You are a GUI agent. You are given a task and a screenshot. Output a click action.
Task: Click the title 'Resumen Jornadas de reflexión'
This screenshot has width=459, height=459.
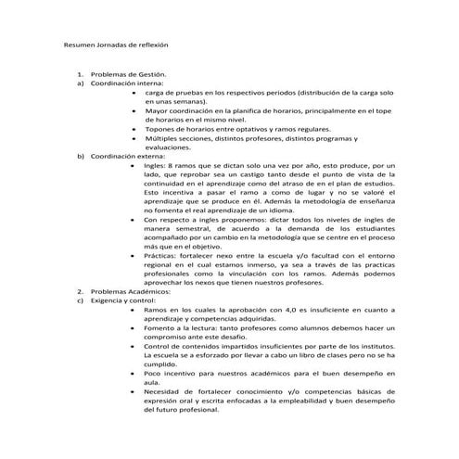coord(115,45)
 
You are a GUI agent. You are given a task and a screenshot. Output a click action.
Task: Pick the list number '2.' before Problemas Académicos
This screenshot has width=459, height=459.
coord(81,291)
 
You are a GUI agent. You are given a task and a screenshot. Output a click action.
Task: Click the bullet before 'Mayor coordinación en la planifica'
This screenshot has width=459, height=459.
coord(136,111)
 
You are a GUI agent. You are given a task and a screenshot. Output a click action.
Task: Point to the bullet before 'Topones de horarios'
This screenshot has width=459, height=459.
coord(136,129)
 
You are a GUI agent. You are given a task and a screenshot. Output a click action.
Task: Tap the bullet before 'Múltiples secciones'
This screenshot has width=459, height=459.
coord(136,138)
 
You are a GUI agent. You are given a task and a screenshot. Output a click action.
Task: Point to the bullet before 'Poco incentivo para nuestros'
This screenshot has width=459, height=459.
coord(136,373)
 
